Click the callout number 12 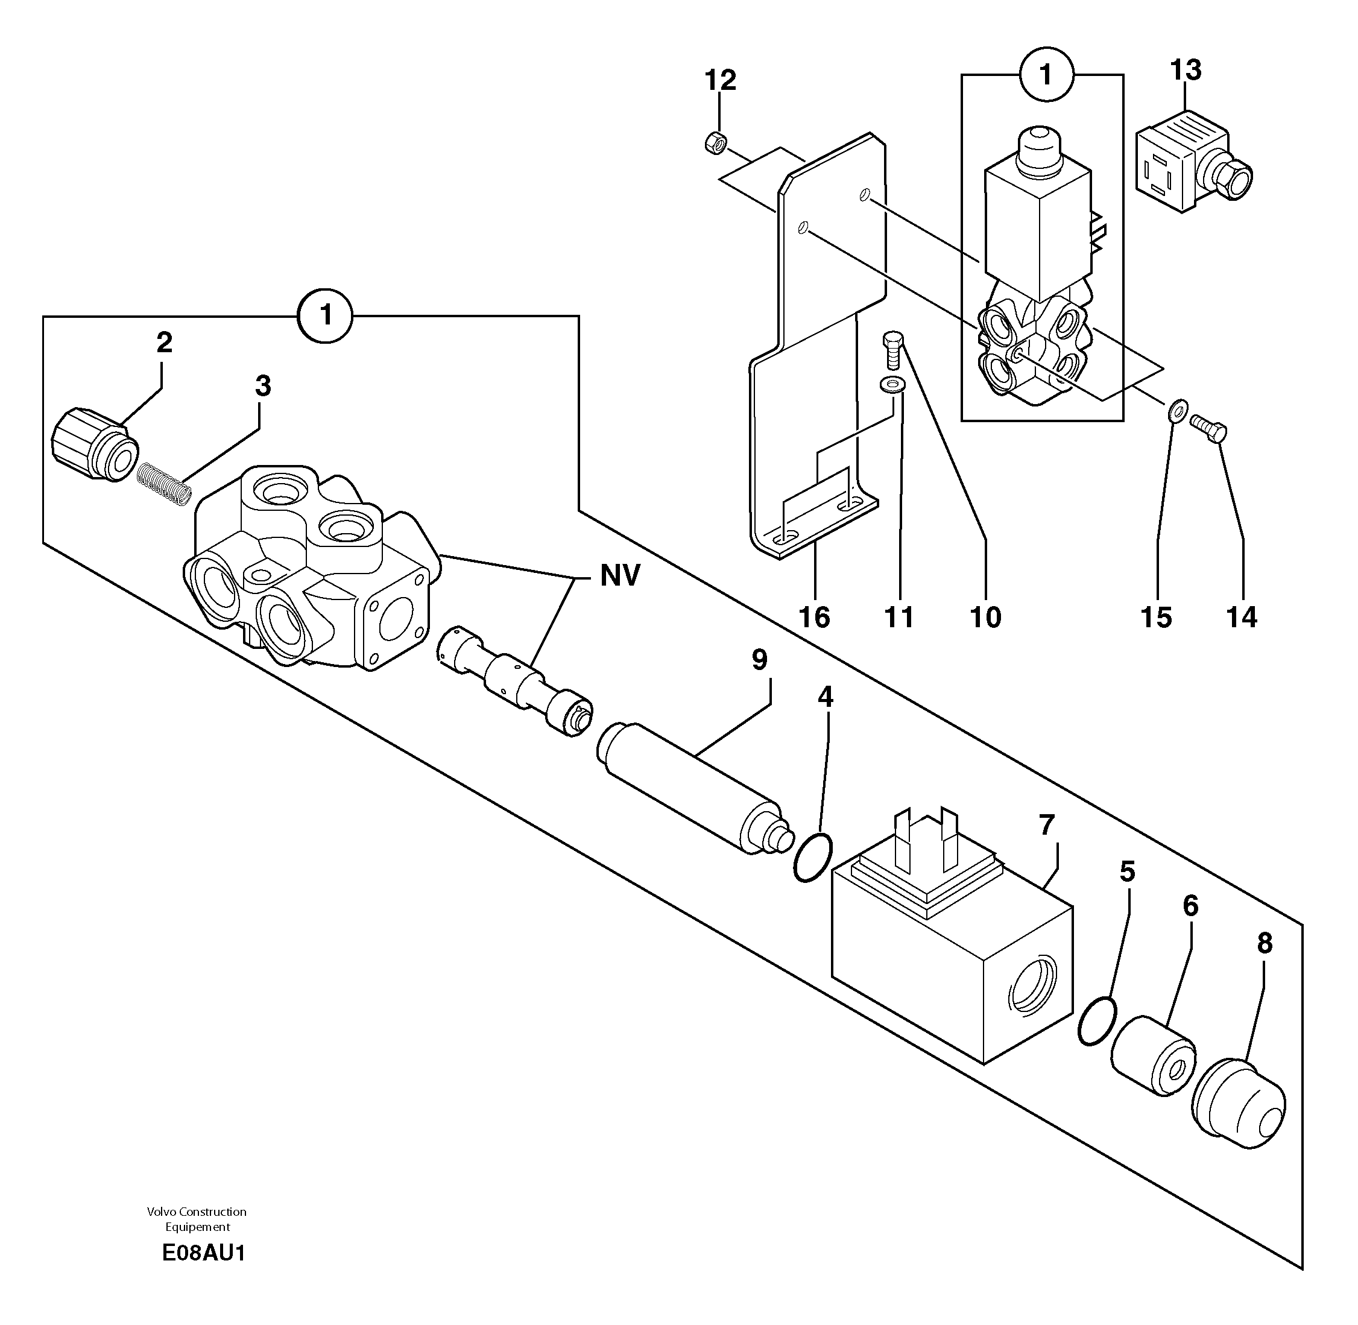tap(720, 81)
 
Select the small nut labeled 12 tap(716, 144)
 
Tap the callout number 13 tap(1186, 71)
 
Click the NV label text tap(620, 575)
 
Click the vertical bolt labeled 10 tap(892, 350)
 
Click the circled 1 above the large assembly tap(326, 316)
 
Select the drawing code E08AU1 tap(203, 1253)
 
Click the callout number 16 tap(814, 616)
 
